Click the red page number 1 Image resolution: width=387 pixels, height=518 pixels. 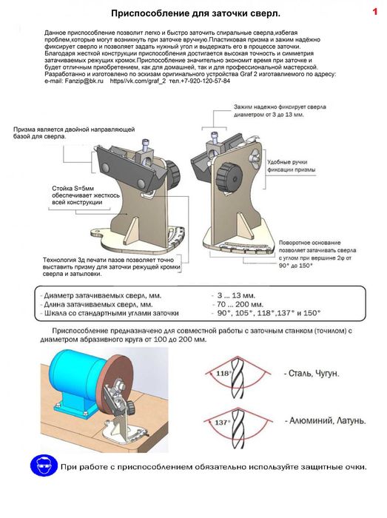click(374, 12)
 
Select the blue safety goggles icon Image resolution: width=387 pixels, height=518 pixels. click(44, 465)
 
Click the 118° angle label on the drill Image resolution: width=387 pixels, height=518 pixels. click(223, 373)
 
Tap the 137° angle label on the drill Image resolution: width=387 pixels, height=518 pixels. click(221, 423)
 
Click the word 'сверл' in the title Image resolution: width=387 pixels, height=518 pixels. click(266, 13)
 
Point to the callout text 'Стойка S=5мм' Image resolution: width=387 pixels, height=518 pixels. click(73, 188)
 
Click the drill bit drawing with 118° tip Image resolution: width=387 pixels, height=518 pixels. click(238, 377)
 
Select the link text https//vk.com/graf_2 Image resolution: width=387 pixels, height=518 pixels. click(138, 81)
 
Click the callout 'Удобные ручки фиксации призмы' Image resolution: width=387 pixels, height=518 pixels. click(292, 166)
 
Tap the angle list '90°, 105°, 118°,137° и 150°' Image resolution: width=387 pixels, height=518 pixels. click(269, 313)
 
